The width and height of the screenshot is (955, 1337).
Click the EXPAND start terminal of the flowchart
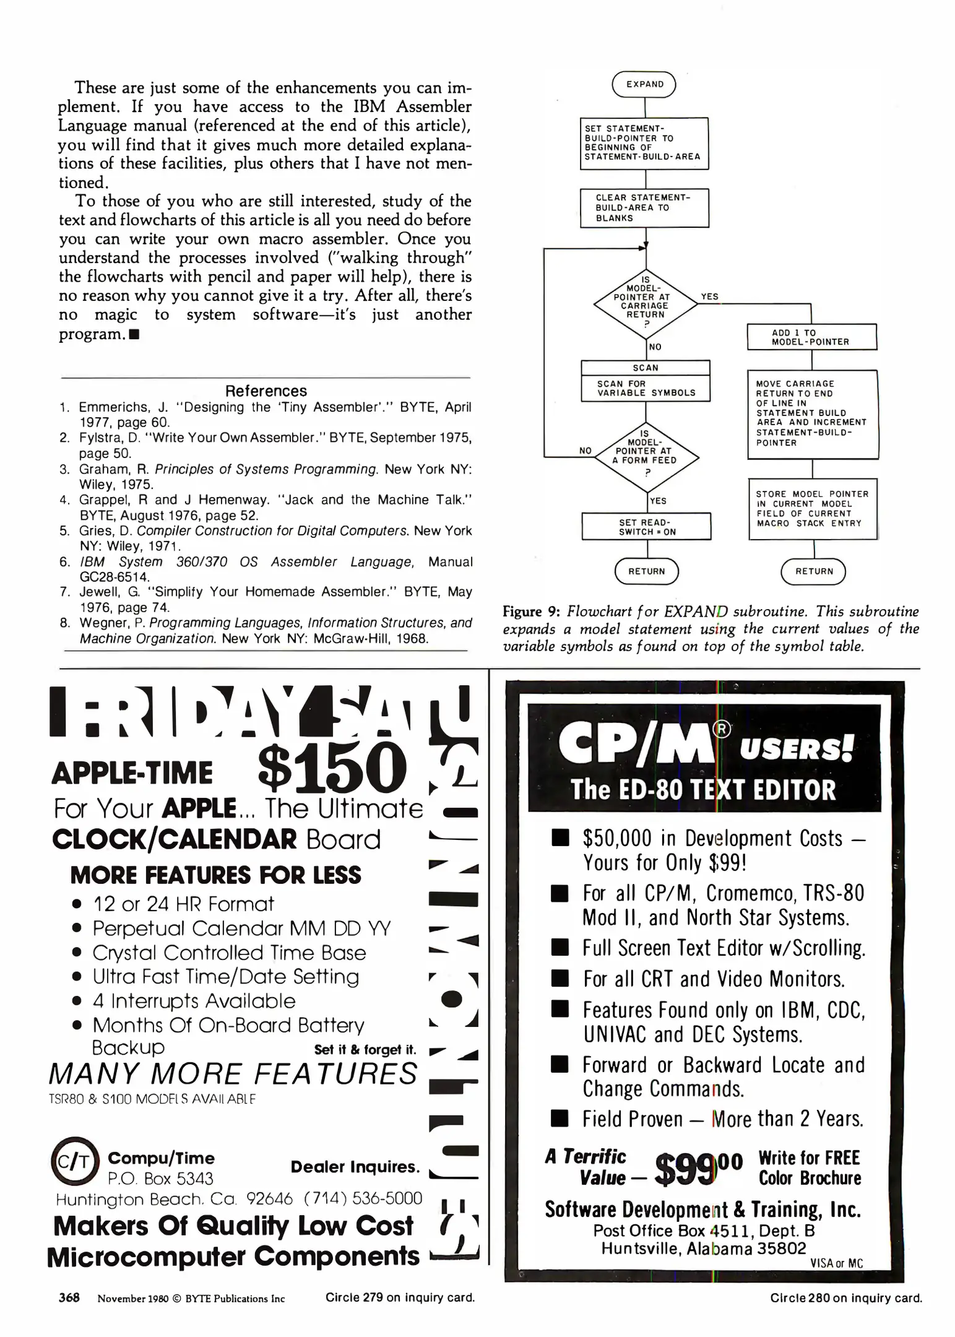(x=644, y=84)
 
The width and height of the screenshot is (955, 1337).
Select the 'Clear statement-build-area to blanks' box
(x=644, y=208)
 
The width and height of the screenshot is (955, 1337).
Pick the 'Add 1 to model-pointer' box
(x=811, y=337)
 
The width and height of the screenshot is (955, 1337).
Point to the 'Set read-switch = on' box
(x=646, y=527)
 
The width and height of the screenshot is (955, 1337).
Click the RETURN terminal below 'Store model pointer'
(x=813, y=571)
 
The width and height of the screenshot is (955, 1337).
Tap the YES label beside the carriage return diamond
(x=709, y=296)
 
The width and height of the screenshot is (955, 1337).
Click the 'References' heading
(x=266, y=391)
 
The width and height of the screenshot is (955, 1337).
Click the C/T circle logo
(x=74, y=1162)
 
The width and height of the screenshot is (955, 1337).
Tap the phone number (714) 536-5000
(x=363, y=1199)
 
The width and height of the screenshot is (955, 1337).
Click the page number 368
(x=69, y=1297)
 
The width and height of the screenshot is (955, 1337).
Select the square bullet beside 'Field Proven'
(x=560, y=1118)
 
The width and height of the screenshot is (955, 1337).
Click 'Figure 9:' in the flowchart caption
(x=531, y=612)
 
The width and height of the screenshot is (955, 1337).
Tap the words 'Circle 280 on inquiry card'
(x=845, y=1298)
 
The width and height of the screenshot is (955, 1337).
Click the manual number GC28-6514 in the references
(x=115, y=577)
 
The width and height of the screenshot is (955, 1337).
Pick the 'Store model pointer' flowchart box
(x=812, y=509)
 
